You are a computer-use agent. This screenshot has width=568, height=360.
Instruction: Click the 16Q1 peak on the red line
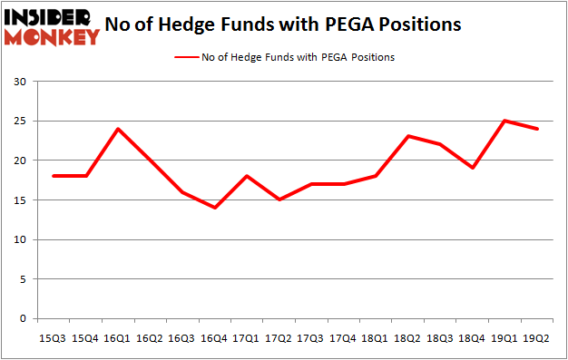(118, 129)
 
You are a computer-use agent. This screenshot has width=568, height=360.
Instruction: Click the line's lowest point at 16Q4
(215, 208)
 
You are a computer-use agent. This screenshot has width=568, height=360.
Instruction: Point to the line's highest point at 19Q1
(504, 121)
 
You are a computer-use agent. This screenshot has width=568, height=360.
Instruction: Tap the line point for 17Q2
(279, 199)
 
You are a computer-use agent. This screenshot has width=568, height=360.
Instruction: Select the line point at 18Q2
(408, 136)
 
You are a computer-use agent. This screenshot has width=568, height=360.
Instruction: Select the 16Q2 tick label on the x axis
(151, 338)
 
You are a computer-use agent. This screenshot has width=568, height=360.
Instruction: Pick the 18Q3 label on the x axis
(440, 338)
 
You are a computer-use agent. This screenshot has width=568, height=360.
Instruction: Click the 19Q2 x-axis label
(537, 338)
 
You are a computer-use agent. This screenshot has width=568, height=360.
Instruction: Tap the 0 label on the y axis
(22, 319)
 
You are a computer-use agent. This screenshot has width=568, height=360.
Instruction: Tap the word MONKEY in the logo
(57, 37)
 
